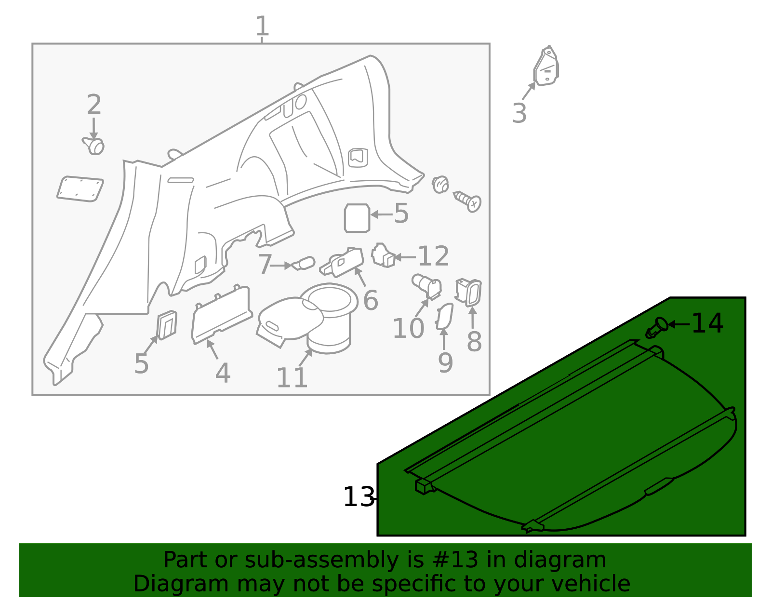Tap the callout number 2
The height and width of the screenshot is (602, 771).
(x=94, y=105)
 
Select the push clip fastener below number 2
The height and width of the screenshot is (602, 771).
(x=94, y=146)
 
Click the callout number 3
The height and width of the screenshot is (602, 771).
(x=519, y=114)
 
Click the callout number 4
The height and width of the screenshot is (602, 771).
(x=223, y=373)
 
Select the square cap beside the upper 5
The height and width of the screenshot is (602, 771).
(x=357, y=218)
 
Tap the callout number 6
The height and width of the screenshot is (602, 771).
(x=371, y=301)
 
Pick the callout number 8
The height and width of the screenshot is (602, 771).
(x=474, y=342)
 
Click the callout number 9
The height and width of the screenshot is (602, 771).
(x=445, y=363)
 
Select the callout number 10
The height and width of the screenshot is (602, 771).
(x=408, y=329)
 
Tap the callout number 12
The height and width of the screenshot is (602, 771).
(x=433, y=256)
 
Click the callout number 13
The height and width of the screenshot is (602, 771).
(x=359, y=497)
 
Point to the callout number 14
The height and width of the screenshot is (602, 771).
(x=707, y=323)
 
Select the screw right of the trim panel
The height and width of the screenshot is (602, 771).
(x=468, y=201)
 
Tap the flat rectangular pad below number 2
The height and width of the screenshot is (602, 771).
(x=80, y=188)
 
